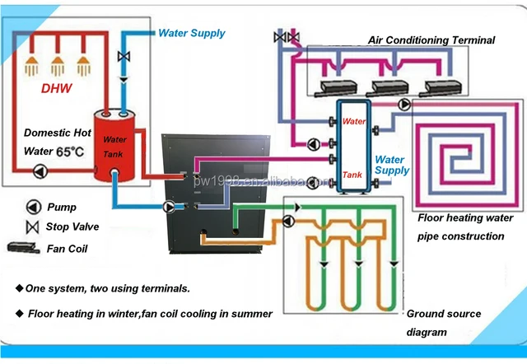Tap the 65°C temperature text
[x=70, y=152]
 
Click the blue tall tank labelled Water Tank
[x=352, y=147]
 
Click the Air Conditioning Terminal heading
[x=431, y=40]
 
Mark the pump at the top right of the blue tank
[x=403, y=105]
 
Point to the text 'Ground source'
[x=443, y=315]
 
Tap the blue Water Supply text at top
[x=191, y=34]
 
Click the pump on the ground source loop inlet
[x=287, y=221]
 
